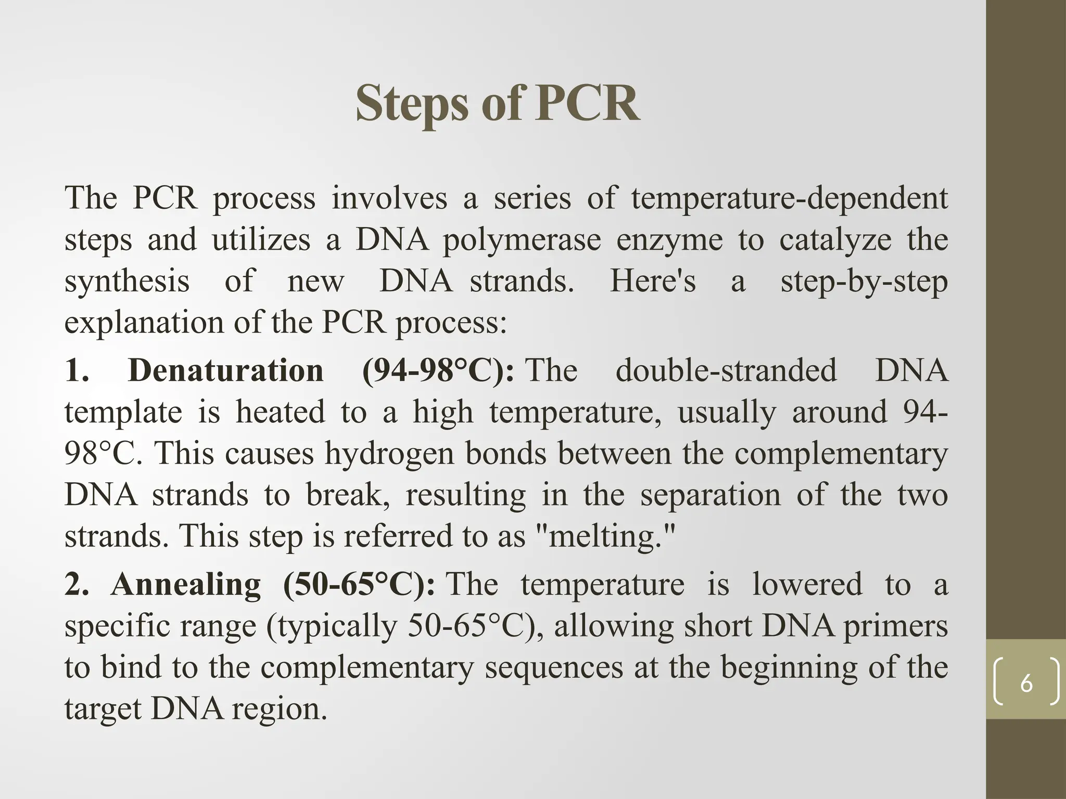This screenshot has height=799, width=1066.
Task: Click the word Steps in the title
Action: tap(414, 104)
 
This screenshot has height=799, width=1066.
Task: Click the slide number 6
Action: tap(1026, 682)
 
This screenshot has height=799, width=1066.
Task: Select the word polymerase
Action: tap(522, 240)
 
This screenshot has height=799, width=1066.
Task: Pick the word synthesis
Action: tap(127, 281)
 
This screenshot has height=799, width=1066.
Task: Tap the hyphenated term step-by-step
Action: tap(864, 282)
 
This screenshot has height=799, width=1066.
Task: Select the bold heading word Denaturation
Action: tap(226, 370)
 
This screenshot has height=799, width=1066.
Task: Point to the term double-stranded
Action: tap(726, 370)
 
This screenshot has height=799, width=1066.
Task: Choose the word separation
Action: tap(710, 495)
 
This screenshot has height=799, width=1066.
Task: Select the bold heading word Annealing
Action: tap(186, 584)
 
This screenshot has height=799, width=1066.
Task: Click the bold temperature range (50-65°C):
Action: tap(360, 584)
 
